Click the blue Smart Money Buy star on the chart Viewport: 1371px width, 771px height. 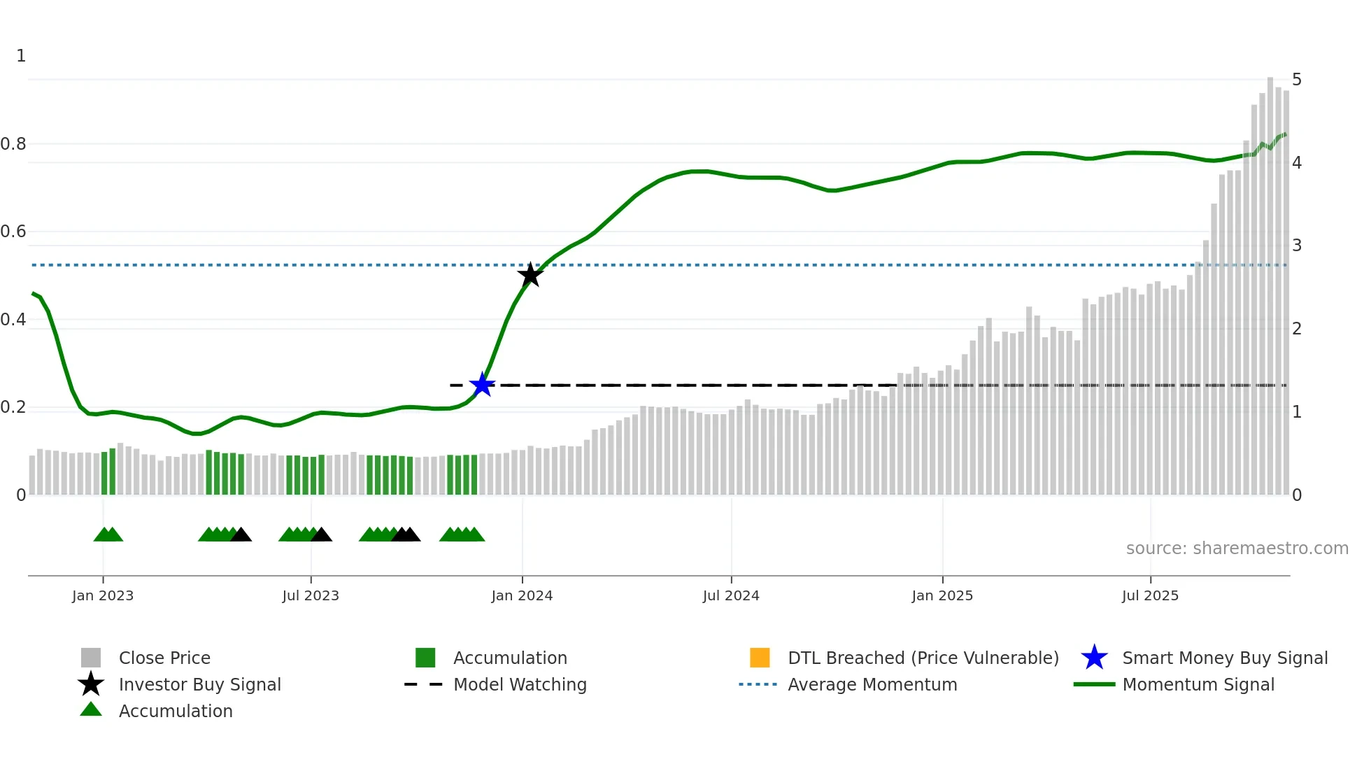point(482,385)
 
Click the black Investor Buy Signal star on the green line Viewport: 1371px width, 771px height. point(530,275)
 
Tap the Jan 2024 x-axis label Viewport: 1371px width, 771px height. point(522,595)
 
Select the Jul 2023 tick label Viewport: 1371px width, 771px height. point(311,595)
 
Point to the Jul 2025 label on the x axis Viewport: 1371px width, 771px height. point(1150,595)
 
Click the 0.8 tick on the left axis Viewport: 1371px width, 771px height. point(14,144)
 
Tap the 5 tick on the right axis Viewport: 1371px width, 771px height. point(1297,80)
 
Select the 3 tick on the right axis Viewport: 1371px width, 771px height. point(1297,246)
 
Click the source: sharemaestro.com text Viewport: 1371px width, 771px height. point(1237,549)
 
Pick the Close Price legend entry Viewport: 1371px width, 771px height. point(164,658)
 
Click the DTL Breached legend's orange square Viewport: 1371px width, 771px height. point(760,658)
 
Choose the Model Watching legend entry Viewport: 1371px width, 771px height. point(520,684)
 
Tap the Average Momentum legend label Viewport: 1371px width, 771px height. point(872,684)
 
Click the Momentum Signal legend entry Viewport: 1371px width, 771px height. point(1198,684)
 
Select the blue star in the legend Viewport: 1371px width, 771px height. point(1094,658)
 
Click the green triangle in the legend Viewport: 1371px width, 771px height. point(91,709)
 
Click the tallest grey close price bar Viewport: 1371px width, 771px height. point(1270,280)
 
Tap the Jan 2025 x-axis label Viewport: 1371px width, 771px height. point(942,595)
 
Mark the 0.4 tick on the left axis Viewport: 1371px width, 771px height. point(14,320)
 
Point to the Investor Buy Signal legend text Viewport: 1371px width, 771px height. point(200,684)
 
